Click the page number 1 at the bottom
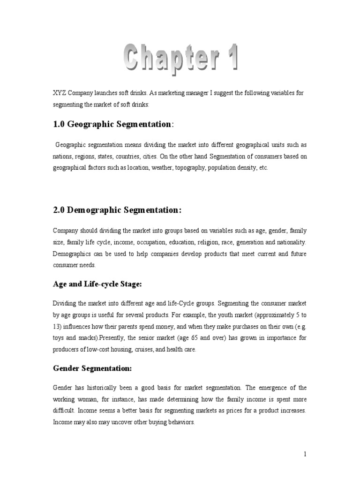305,454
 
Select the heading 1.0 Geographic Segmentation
112,124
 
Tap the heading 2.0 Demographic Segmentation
117,210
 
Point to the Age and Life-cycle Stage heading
97,284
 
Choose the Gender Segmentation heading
92,369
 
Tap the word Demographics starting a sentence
72,254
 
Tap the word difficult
64,410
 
